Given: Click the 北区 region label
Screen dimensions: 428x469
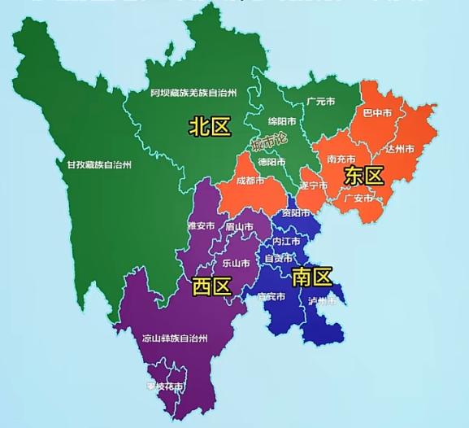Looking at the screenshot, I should click(210, 125).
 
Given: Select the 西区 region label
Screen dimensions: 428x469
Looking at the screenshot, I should click(212, 286).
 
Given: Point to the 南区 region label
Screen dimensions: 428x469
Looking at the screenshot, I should click(312, 277).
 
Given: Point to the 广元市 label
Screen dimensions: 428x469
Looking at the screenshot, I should click(321, 102).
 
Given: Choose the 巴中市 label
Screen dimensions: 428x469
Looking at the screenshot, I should click(377, 112).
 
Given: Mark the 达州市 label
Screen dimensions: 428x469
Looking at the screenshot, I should click(400, 149).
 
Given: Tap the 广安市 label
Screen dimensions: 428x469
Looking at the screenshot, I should click(358, 198).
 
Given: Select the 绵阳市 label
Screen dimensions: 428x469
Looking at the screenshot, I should click(282, 121).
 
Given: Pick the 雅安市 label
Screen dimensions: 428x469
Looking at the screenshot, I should click(200, 225).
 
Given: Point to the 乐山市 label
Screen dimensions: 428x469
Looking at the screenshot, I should click(236, 263).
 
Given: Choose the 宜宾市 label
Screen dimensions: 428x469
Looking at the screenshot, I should click(271, 297).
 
